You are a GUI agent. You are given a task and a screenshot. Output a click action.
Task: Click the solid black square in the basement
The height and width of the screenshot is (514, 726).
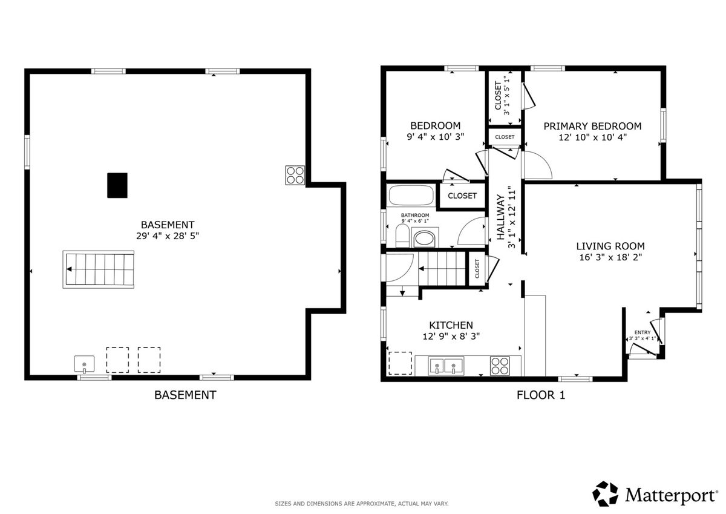117,185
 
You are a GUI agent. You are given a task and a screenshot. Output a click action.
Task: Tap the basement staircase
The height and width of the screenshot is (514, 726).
99,269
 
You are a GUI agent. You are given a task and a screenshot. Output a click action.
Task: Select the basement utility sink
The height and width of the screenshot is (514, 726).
84,364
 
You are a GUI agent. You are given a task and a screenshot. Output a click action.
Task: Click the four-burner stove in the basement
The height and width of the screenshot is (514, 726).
295,175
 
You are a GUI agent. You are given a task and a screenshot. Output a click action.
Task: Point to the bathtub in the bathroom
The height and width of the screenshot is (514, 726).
411,195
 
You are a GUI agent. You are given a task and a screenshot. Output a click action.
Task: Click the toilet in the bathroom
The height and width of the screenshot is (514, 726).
402,236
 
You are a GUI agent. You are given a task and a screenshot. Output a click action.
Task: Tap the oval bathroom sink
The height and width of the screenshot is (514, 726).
425,238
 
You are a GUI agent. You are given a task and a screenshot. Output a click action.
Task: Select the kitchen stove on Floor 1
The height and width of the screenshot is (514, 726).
500,366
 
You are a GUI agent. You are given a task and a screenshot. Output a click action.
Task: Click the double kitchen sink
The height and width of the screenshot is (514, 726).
446,366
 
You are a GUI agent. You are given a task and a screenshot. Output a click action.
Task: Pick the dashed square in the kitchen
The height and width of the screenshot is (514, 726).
401,363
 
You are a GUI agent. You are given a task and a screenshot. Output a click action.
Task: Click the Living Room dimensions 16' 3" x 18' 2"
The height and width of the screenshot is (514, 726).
610,257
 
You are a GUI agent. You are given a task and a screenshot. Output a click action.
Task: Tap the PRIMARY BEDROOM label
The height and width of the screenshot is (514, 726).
592,126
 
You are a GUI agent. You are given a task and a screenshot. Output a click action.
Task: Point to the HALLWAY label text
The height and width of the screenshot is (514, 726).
501,217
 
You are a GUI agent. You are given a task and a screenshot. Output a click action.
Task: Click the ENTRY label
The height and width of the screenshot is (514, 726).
643,332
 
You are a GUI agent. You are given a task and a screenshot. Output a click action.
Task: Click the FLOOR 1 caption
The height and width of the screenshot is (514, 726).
541,395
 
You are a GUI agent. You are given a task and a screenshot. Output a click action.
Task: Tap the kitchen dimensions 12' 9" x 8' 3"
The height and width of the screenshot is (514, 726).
451,336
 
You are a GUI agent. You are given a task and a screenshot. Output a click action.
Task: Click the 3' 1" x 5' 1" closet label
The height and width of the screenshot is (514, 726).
506,96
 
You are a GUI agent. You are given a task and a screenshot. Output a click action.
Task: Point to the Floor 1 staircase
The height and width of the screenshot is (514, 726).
442,269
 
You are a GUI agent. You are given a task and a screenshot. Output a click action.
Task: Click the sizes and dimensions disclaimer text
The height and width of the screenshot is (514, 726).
362,504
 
